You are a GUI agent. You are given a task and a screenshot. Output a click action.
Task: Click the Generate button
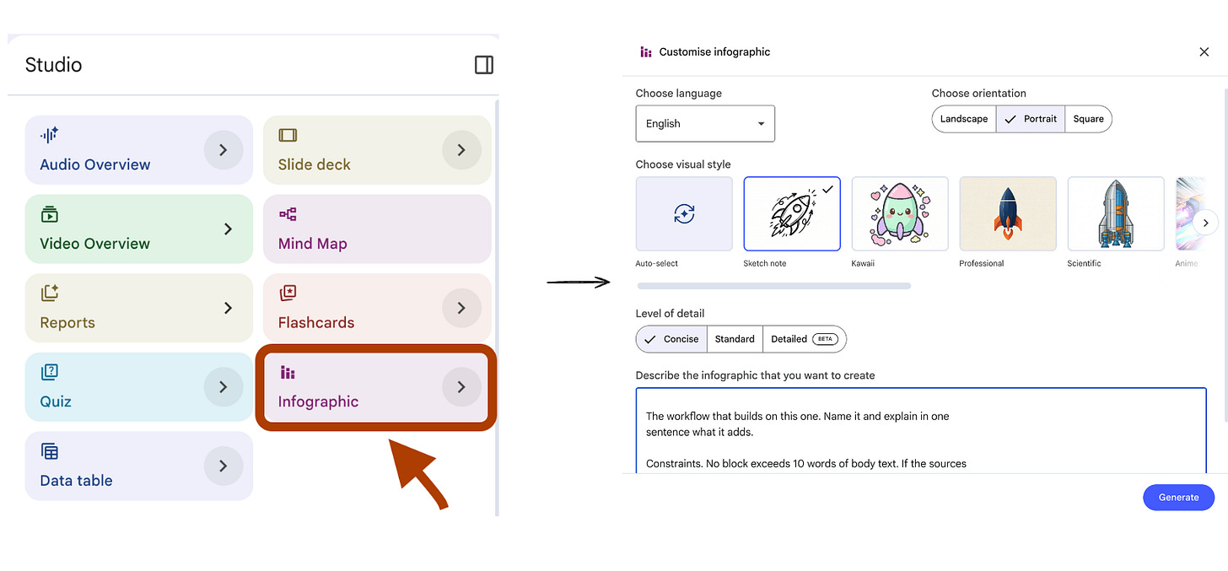[1178, 497]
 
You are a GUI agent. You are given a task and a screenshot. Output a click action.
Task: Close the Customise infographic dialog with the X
[1204, 51]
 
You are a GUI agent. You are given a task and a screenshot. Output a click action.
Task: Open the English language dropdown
[705, 123]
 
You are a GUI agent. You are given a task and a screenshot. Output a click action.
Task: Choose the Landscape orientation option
[964, 119]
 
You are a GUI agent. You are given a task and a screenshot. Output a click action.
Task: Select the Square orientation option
[1088, 119]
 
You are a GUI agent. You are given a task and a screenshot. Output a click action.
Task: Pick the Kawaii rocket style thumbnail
[900, 213]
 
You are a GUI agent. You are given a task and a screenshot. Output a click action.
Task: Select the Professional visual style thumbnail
[1008, 213]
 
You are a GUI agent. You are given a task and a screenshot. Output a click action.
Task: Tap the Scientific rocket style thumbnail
[1116, 213]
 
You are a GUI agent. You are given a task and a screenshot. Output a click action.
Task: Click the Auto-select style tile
[684, 213]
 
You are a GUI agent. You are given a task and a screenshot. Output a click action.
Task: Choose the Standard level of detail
[735, 339]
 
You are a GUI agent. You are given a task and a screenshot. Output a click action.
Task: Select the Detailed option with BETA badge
[805, 339]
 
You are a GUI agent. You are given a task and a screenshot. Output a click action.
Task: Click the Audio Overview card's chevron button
[224, 149]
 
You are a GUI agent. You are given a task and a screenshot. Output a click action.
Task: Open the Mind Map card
[377, 229]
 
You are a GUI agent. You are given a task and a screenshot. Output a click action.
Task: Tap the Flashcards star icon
[288, 294]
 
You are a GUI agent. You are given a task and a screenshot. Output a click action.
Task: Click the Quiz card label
[56, 401]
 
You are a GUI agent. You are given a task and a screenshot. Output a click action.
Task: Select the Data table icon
[49, 451]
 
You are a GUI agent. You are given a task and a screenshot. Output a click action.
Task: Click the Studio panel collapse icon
[483, 65]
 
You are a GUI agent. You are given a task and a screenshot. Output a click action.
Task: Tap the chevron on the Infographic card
[461, 387]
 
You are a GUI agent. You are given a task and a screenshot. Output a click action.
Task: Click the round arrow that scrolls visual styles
[1205, 223]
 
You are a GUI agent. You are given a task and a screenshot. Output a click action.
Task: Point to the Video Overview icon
[49, 214]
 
